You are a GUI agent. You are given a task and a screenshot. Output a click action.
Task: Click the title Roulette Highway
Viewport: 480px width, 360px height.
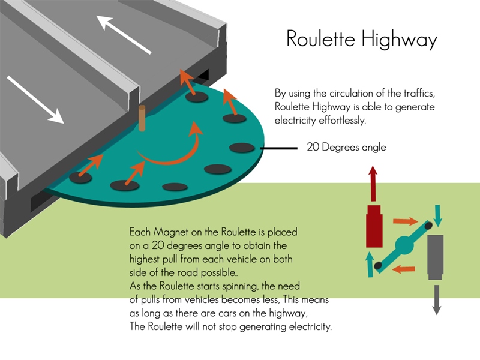pos(361,39)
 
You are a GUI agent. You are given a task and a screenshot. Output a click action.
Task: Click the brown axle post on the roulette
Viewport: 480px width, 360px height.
pos(143,118)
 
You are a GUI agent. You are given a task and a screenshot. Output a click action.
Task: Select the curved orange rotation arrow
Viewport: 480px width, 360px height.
pos(174,150)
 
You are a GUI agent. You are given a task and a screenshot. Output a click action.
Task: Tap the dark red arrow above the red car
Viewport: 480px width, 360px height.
pos(373,184)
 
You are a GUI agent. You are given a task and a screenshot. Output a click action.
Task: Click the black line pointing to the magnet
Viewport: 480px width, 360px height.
pos(280,148)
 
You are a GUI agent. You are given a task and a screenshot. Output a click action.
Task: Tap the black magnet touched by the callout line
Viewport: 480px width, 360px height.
pos(242,148)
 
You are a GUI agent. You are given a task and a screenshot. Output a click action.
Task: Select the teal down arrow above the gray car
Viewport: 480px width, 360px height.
pos(437,217)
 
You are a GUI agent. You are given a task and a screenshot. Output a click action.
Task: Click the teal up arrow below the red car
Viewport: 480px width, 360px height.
pos(370,263)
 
